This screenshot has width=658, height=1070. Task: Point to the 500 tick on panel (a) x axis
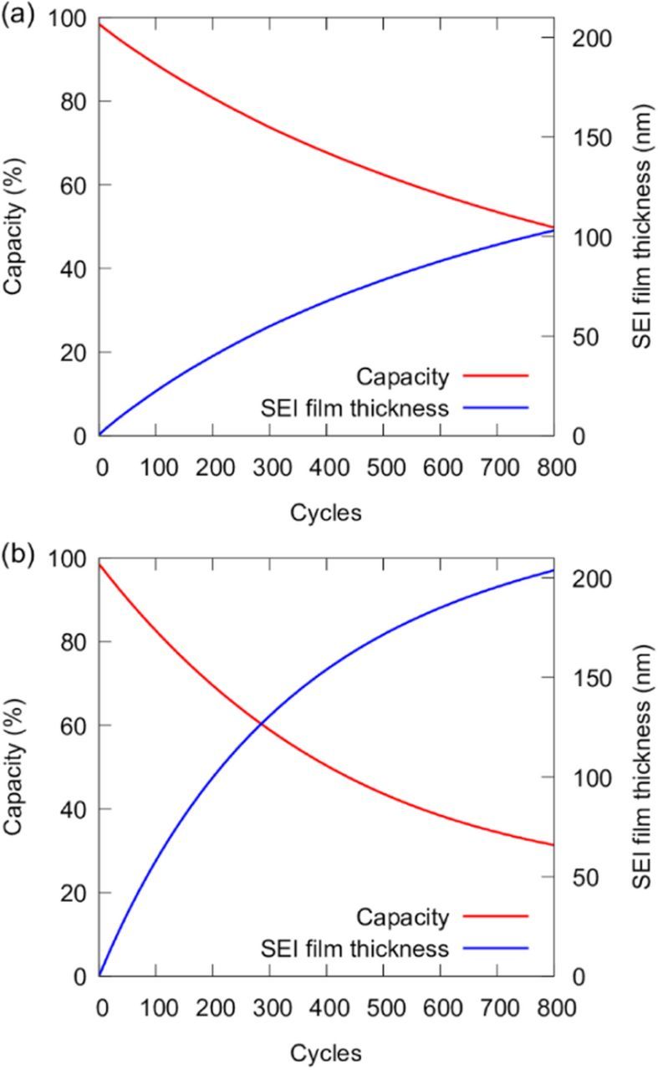click(x=383, y=466)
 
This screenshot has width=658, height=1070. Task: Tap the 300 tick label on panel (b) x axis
click(x=269, y=1006)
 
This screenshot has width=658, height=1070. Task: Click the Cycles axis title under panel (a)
click(x=326, y=512)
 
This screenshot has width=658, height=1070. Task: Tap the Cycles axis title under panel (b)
click(x=326, y=1052)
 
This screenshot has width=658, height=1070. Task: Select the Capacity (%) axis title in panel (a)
click(x=13, y=226)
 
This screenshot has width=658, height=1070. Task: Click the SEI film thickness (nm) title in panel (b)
click(x=640, y=767)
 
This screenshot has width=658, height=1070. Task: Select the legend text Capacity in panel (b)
click(x=403, y=917)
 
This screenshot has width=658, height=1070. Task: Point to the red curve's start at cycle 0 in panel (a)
click(x=99, y=24)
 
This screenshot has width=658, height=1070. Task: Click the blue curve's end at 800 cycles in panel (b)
click(x=553, y=570)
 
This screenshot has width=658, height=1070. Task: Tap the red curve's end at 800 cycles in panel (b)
click(x=553, y=845)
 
